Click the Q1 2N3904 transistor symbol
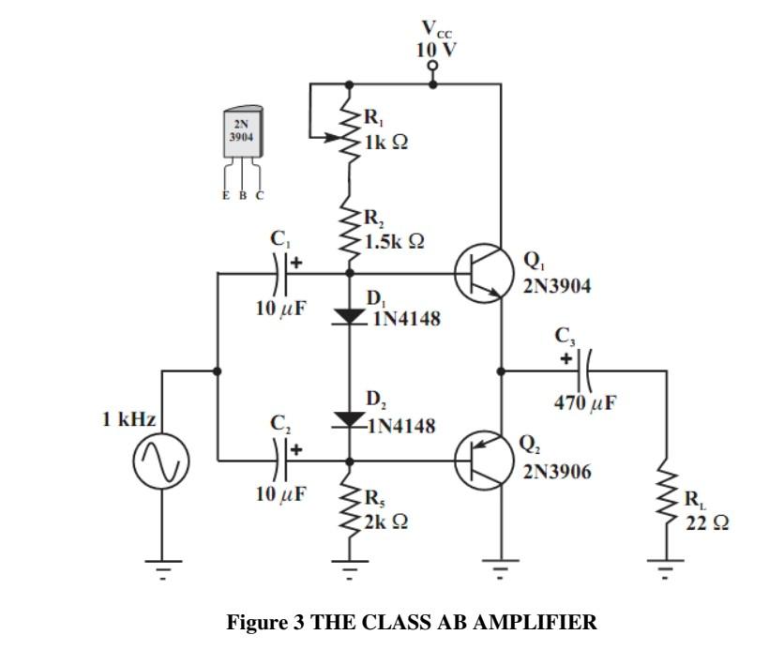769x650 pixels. pos(484,273)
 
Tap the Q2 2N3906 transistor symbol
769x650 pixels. pos(484,461)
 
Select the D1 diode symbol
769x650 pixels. pos(349,316)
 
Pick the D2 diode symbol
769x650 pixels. pos(349,419)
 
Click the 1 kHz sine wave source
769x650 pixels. pos(161,461)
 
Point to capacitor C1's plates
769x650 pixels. pos(281,273)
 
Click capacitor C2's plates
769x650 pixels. pos(281,461)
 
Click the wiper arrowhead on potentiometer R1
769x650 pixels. pos(333,138)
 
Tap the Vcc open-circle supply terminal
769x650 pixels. pos(432,66)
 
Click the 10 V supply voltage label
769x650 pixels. pos(436,50)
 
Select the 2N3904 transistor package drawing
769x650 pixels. pos(243,147)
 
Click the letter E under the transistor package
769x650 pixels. pos(226,195)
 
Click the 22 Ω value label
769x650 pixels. pos(707,523)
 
